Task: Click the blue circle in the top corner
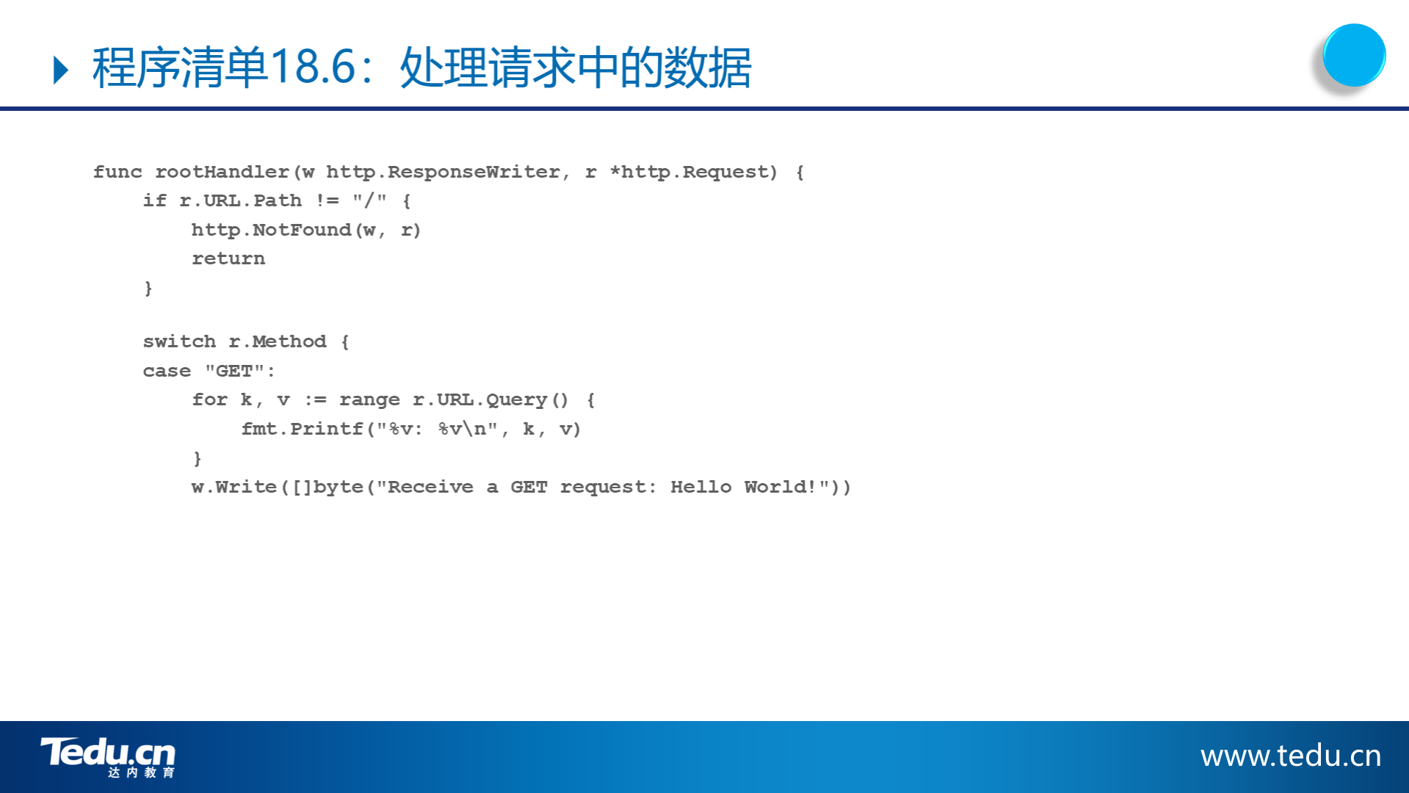click(1354, 55)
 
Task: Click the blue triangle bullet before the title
click(62, 70)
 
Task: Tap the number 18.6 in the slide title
click(313, 68)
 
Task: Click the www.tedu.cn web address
click(1291, 756)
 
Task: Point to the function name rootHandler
click(222, 172)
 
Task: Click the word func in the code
click(117, 172)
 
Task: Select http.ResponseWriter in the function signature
click(443, 172)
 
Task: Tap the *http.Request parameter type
click(693, 172)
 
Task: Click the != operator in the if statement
click(327, 200)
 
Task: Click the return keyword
click(228, 258)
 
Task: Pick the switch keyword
click(179, 341)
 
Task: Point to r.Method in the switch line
click(278, 341)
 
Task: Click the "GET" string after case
click(234, 371)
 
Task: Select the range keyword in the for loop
click(369, 400)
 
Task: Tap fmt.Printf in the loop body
click(303, 429)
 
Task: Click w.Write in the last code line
click(234, 487)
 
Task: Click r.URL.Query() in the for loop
click(491, 400)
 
